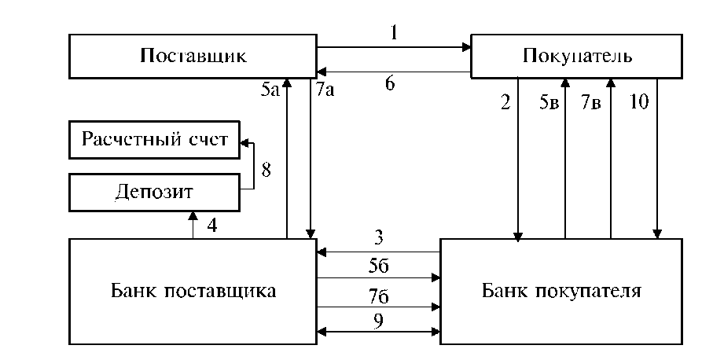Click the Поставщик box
click(193, 57)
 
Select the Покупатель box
click(576, 57)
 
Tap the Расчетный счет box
click(155, 140)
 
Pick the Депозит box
click(155, 193)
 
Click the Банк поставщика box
click(193, 292)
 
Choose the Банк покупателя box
click(561, 292)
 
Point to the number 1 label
click(393, 33)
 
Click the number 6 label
click(390, 84)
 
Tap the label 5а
click(270, 90)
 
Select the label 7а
click(325, 90)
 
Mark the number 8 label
click(266, 171)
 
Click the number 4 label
click(211, 226)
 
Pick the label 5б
click(379, 267)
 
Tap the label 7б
click(379, 296)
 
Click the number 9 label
click(379, 321)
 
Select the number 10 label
click(640, 102)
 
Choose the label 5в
click(549, 102)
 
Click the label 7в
click(591, 102)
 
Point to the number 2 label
click(505, 102)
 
